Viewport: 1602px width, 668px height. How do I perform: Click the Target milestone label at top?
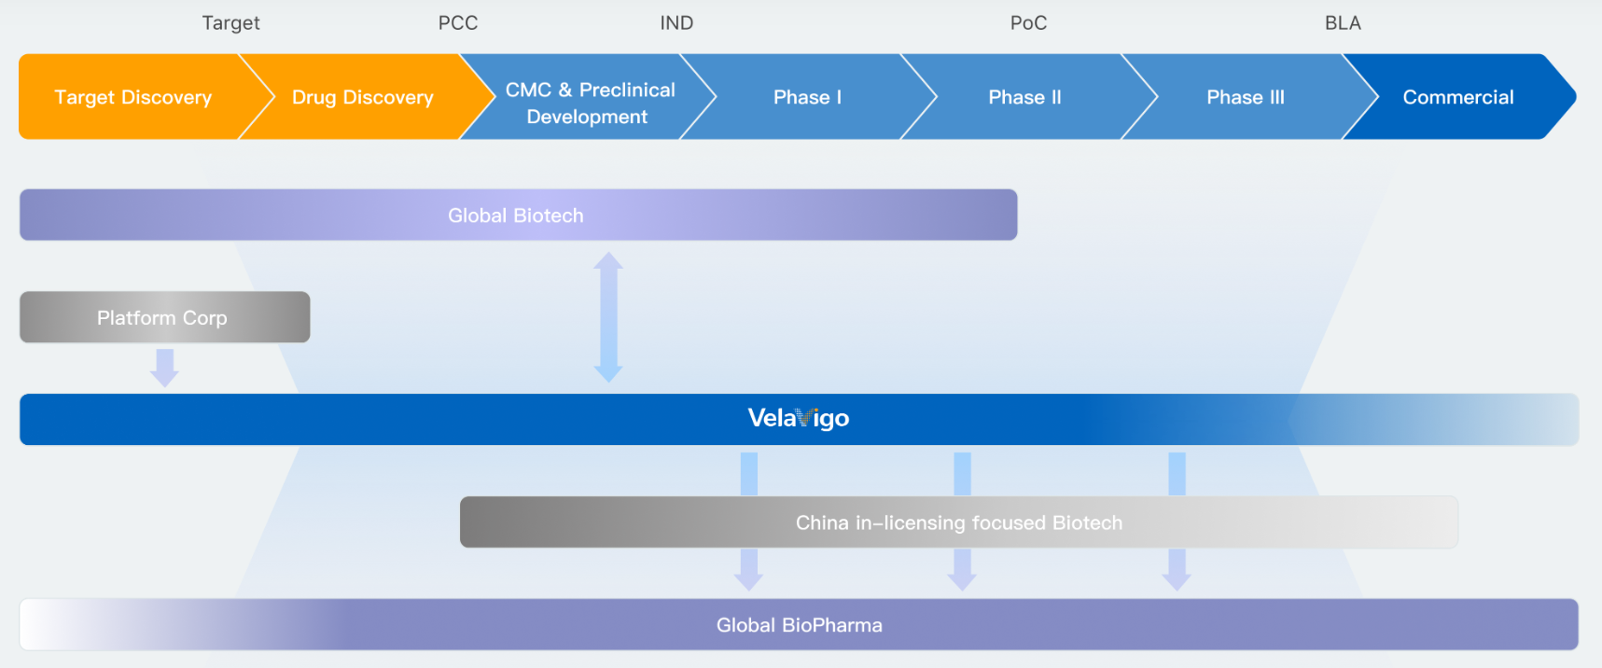pyautogui.click(x=230, y=23)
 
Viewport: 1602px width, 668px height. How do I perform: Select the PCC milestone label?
pyautogui.click(x=458, y=23)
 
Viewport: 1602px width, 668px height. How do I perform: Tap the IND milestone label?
pyautogui.click(x=676, y=23)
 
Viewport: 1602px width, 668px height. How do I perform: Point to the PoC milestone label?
pyautogui.click(x=1028, y=23)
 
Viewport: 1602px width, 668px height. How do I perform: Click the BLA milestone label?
pyautogui.click(x=1343, y=23)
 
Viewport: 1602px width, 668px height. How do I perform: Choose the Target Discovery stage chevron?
pyautogui.click(x=133, y=97)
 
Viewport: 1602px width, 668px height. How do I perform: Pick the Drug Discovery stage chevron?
pyautogui.click(x=363, y=97)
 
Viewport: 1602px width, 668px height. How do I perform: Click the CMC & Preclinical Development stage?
pyautogui.click(x=590, y=97)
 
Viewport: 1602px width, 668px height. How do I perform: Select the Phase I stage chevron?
pyautogui.click(x=807, y=97)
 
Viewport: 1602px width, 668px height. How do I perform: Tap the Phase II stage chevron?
pyautogui.click(x=1024, y=97)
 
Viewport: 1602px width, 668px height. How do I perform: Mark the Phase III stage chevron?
pyautogui.click(x=1246, y=97)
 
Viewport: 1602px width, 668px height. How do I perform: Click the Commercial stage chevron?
pyautogui.click(x=1458, y=97)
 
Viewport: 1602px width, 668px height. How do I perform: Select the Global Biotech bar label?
pyautogui.click(x=516, y=216)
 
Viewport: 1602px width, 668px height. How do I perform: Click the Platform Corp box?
pyautogui.click(x=163, y=317)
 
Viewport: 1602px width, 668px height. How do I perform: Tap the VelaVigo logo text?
pyautogui.click(x=799, y=418)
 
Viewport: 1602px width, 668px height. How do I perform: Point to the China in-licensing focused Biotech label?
pyautogui.click(x=959, y=522)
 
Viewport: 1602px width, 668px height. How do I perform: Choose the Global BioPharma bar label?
pyautogui.click(x=800, y=625)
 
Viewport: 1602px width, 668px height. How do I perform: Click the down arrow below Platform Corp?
pyautogui.click(x=165, y=367)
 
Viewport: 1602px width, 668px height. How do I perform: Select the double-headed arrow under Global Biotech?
pyautogui.click(x=608, y=317)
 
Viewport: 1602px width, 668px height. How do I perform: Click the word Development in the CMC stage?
pyautogui.click(x=587, y=117)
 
